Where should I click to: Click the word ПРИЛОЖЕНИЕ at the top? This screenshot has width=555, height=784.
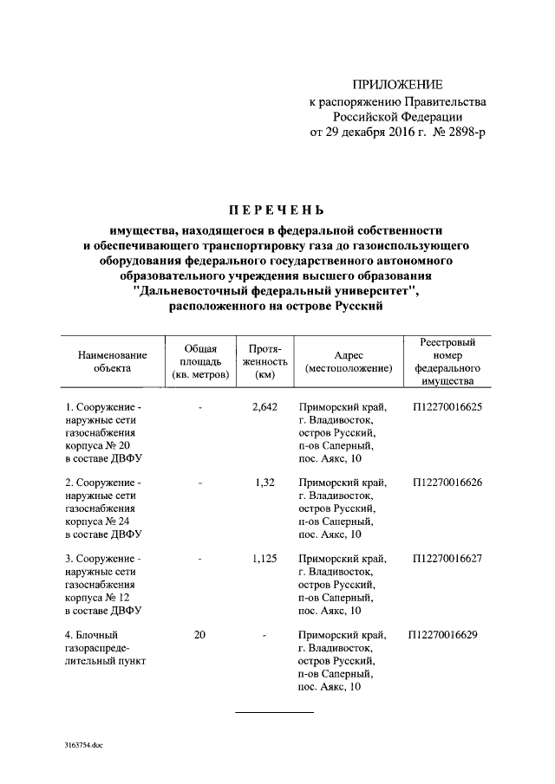click(x=397, y=85)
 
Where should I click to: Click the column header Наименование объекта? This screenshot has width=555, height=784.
click(x=113, y=361)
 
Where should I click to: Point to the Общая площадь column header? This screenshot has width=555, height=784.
click(x=200, y=361)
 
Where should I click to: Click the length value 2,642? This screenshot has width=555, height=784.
click(x=263, y=405)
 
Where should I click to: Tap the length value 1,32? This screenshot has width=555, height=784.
click(x=264, y=483)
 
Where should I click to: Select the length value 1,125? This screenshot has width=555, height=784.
click(x=264, y=560)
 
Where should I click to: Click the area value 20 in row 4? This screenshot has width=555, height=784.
click(x=199, y=636)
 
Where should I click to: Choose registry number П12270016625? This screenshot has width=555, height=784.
click(x=447, y=405)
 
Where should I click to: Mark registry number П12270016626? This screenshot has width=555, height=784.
click(x=447, y=483)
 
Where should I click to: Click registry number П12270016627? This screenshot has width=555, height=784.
click(x=447, y=560)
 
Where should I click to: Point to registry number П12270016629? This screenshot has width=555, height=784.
click(x=447, y=636)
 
